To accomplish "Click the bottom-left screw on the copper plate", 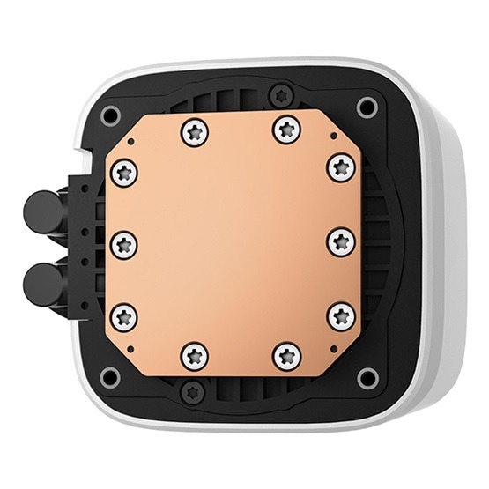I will (193, 355).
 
